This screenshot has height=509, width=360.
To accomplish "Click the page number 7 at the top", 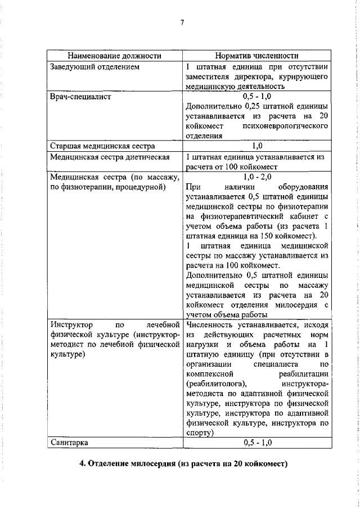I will pos(182,22).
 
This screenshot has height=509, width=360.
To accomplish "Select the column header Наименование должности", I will pos(114,56).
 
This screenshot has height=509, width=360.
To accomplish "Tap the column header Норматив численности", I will pos(256,56).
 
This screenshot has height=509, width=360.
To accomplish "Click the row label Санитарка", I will pos(69,442).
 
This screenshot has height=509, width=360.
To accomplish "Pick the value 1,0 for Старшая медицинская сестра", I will pos(257,146).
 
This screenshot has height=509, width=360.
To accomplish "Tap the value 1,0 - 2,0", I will pos(257,177).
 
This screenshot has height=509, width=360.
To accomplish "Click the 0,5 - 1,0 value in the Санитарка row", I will pos(257,442).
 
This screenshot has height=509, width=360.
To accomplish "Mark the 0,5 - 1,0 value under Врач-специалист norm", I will pos(257,97).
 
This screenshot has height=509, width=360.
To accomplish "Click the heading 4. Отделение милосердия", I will pos(183,463).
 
